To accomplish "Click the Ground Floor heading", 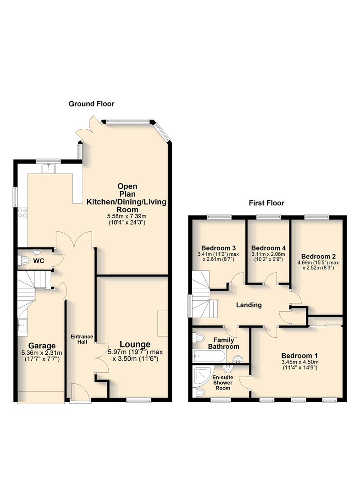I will (x=91, y=104).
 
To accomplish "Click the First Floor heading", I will (x=266, y=203).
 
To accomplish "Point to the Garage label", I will (x=42, y=346).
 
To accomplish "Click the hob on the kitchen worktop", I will (x=22, y=213).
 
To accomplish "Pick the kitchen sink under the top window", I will (x=48, y=169).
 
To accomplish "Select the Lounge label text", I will (x=135, y=344).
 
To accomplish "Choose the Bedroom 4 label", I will (x=268, y=246).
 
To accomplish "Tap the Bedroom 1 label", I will (x=299, y=356).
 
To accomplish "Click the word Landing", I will (x=249, y=305).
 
